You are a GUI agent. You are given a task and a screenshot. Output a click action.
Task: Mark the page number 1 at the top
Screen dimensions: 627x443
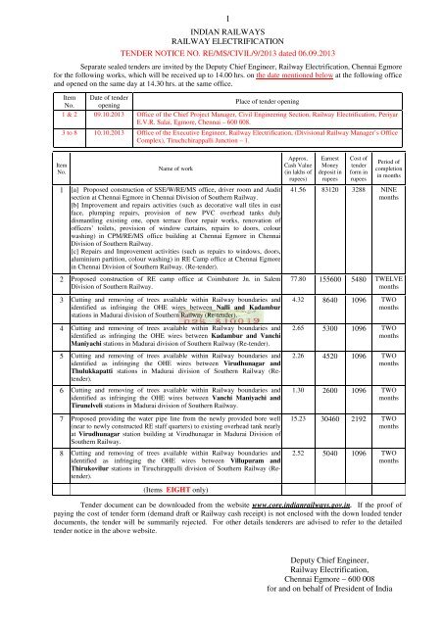221,8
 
